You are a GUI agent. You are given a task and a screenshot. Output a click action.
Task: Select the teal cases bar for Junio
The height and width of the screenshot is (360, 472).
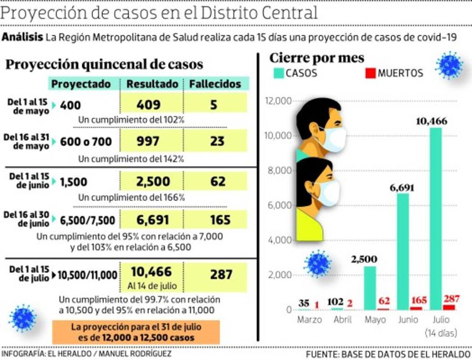tap(403, 251)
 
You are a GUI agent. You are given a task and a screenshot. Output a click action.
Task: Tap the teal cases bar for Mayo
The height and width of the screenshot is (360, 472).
tap(370, 288)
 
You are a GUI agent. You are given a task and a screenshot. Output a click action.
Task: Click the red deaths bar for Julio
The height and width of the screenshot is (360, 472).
tap(449, 307)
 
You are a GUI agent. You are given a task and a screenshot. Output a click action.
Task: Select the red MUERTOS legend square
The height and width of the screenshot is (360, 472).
tap(370, 73)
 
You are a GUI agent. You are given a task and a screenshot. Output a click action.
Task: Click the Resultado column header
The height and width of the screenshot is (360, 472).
tap(152, 84)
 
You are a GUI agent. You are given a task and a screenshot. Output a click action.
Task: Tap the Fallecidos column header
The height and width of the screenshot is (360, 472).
tap(215, 84)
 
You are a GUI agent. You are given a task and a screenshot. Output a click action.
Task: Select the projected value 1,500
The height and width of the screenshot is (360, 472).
tap(74, 182)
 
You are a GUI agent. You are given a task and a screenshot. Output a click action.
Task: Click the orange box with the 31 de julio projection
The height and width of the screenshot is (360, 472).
tap(136, 332)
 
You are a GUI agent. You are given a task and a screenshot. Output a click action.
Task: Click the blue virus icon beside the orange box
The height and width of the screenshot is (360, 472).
tap(22, 318)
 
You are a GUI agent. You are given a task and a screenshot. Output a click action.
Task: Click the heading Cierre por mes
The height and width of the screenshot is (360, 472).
tap(317, 58)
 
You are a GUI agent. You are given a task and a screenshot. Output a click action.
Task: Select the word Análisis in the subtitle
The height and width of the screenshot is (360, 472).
tap(22, 37)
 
